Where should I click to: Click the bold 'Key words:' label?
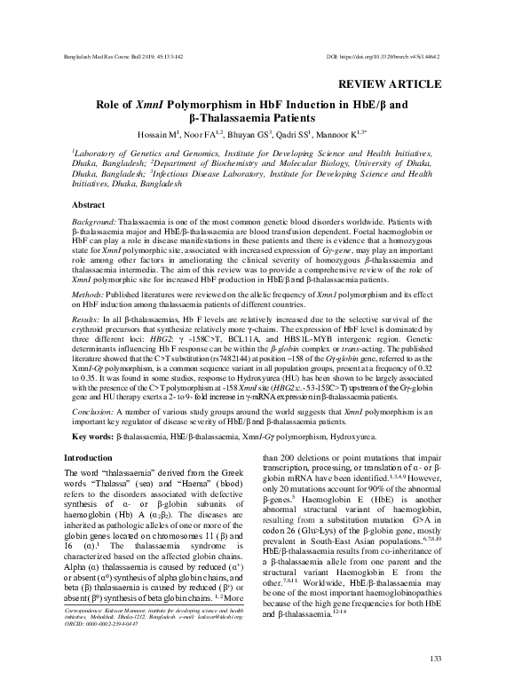tap(92, 438)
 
